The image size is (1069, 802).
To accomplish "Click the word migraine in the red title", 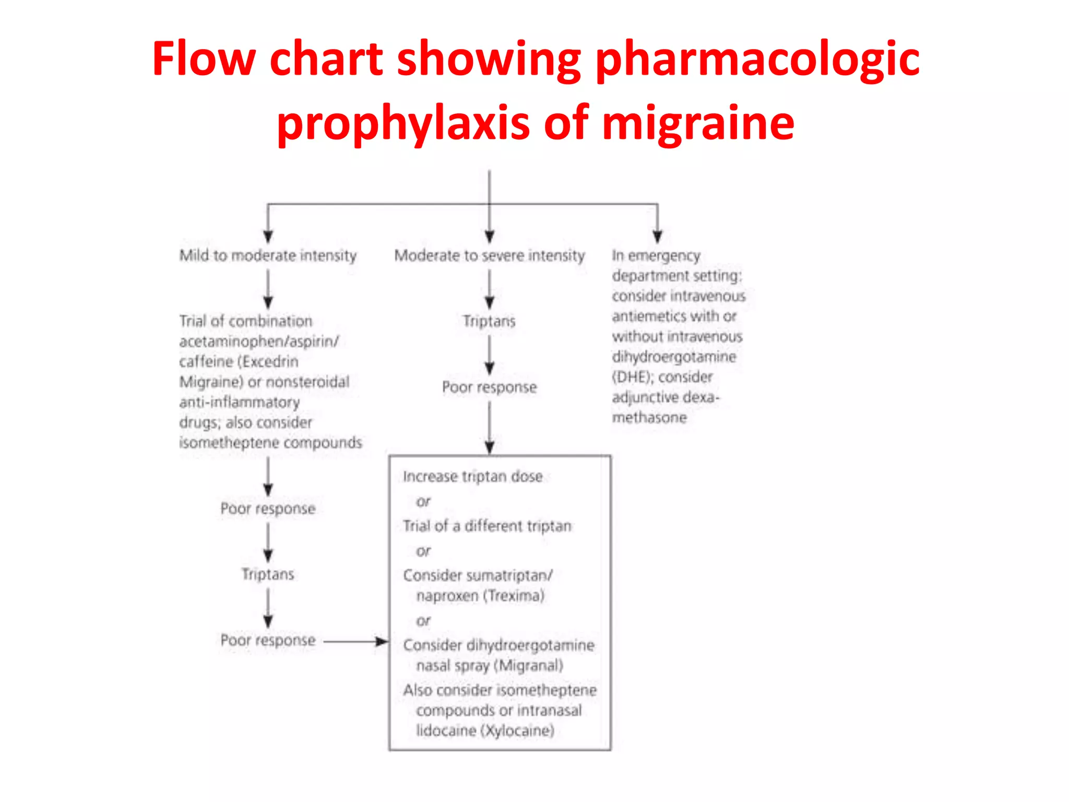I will (x=698, y=124).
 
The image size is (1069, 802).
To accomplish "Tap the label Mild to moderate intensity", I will (x=268, y=255).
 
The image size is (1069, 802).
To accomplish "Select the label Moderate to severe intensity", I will (x=489, y=255).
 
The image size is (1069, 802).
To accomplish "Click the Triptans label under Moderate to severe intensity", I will (x=489, y=321).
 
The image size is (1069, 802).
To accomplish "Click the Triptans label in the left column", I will (x=268, y=574).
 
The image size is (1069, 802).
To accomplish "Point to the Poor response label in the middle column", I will (x=489, y=387).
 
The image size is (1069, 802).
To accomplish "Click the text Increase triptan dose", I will (x=472, y=477).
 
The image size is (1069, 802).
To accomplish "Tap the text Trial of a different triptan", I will (x=487, y=526).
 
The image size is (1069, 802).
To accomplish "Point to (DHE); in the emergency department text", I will (x=632, y=377).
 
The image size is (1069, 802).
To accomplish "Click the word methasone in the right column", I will (x=649, y=418).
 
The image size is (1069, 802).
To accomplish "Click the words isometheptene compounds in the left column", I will (x=270, y=443).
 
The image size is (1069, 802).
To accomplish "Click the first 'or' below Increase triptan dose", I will (x=423, y=502).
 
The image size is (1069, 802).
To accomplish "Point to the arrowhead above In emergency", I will (x=657, y=237).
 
